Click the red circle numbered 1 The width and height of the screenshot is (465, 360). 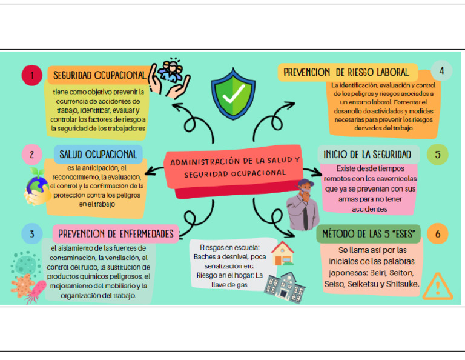pyautogui.click(x=31, y=76)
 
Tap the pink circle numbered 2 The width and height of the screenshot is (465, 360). pyautogui.click(x=31, y=154)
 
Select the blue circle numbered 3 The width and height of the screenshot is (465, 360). pyautogui.click(x=31, y=233)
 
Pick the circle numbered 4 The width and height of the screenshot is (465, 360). pyautogui.click(x=442, y=71)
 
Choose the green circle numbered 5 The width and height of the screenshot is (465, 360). pyautogui.click(x=438, y=154)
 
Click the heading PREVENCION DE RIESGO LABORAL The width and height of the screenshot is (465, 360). pyautogui.click(x=346, y=72)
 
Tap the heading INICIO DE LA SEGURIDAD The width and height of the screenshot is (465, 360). pyautogui.click(x=368, y=154)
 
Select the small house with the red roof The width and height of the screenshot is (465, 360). pyautogui.click(x=283, y=253)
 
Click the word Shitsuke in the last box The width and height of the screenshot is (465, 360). pyautogui.click(x=400, y=284)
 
